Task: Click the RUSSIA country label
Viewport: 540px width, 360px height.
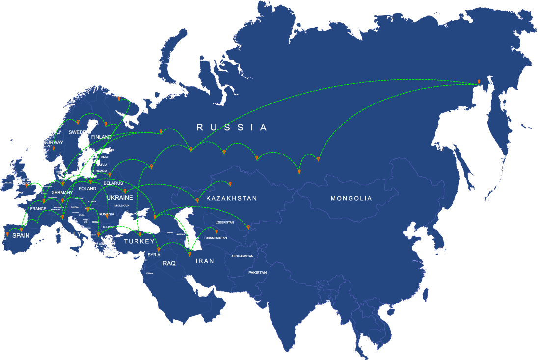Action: (x=232, y=128)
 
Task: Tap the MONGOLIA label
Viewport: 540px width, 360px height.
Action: (x=351, y=199)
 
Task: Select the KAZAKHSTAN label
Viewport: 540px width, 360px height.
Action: (x=232, y=199)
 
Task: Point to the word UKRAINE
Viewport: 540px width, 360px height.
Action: (x=119, y=197)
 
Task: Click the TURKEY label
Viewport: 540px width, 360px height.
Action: (x=139, y=242)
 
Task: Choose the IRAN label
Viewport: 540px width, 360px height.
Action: (x=205, y=261)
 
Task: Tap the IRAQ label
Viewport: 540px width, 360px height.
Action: (x=168, y=264)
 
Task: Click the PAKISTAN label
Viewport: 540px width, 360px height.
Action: (x=257, y=272)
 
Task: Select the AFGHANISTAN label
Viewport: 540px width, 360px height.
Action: (x=242, y=256)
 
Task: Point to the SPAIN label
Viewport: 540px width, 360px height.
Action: (x=21, y=236)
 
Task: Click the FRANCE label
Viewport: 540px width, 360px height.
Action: (x=38, y=209)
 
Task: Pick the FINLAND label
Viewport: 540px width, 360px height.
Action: (x=101, y=137)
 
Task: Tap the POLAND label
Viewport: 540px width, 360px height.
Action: (x=87, y=189)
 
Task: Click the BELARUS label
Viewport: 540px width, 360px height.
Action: (x=113, y=183)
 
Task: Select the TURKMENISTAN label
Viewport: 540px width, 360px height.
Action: (x=216, y=238)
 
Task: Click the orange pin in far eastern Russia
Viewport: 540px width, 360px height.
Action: (x=479, y=82)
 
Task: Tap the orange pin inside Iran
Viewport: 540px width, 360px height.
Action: (x=190, y=254)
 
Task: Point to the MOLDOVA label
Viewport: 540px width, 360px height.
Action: (x=121, y=206)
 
